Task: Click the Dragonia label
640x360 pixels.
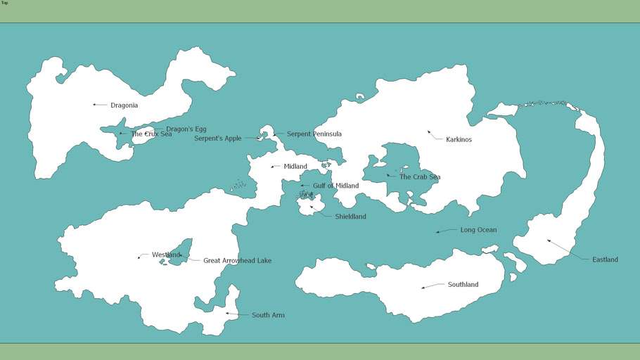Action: (x=124, y=105)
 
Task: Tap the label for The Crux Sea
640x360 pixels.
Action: (x=151, y=134)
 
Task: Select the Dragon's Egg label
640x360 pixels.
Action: (x=186, y=129)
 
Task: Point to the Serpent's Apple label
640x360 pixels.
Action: (x=217, y=139)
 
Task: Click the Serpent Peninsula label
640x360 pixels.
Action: (x=314, y=134)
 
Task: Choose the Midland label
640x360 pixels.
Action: (x=295, y=167)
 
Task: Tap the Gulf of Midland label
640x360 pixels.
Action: (x=335, y=186)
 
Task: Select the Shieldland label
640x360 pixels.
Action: (x=350, y=217)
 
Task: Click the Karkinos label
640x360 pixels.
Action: (x=459, y=140)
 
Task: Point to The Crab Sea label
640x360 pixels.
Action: (x=419, y=177)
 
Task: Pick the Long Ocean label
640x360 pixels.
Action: (x=478, y=230)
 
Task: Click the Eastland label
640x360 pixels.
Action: (x=605, y=259)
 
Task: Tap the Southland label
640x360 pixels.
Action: (x=463, y=285)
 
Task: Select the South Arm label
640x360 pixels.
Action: (x=268, y=315)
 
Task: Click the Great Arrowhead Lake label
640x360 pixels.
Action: (x=237, y=261)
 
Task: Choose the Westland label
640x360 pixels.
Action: (x=166, y=255)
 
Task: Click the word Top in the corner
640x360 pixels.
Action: (x=4, y=3)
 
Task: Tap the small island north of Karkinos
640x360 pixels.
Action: (x=360, y=96)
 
